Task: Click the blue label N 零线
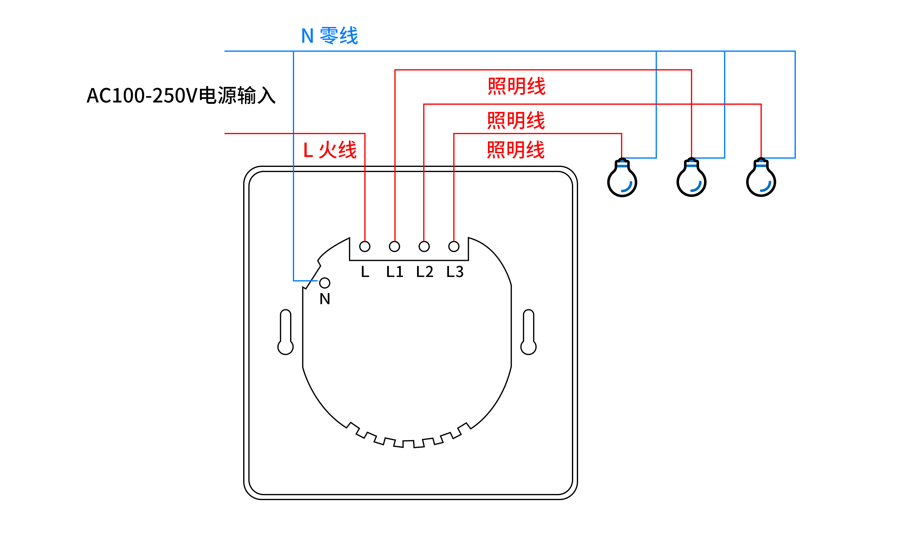[329, 36]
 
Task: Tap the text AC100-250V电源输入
[181, 96]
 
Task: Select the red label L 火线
[330, 149]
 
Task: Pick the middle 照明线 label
[516, 120]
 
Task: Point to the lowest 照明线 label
[516, 149]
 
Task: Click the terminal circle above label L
[365, 247]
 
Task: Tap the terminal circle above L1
[394, 247]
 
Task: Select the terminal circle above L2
[424, 247]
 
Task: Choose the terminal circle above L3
[454, 247]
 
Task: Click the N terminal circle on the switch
[324, 283]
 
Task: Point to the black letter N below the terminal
[324, 299]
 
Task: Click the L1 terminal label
[395, 272]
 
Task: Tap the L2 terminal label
[425, 272]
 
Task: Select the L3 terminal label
[455, 272]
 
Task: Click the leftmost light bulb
[622, 179]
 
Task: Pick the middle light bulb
[692, 179]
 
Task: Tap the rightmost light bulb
[761, 179]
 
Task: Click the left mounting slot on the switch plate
[286, 332]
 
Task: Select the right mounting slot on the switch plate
[528, 332]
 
